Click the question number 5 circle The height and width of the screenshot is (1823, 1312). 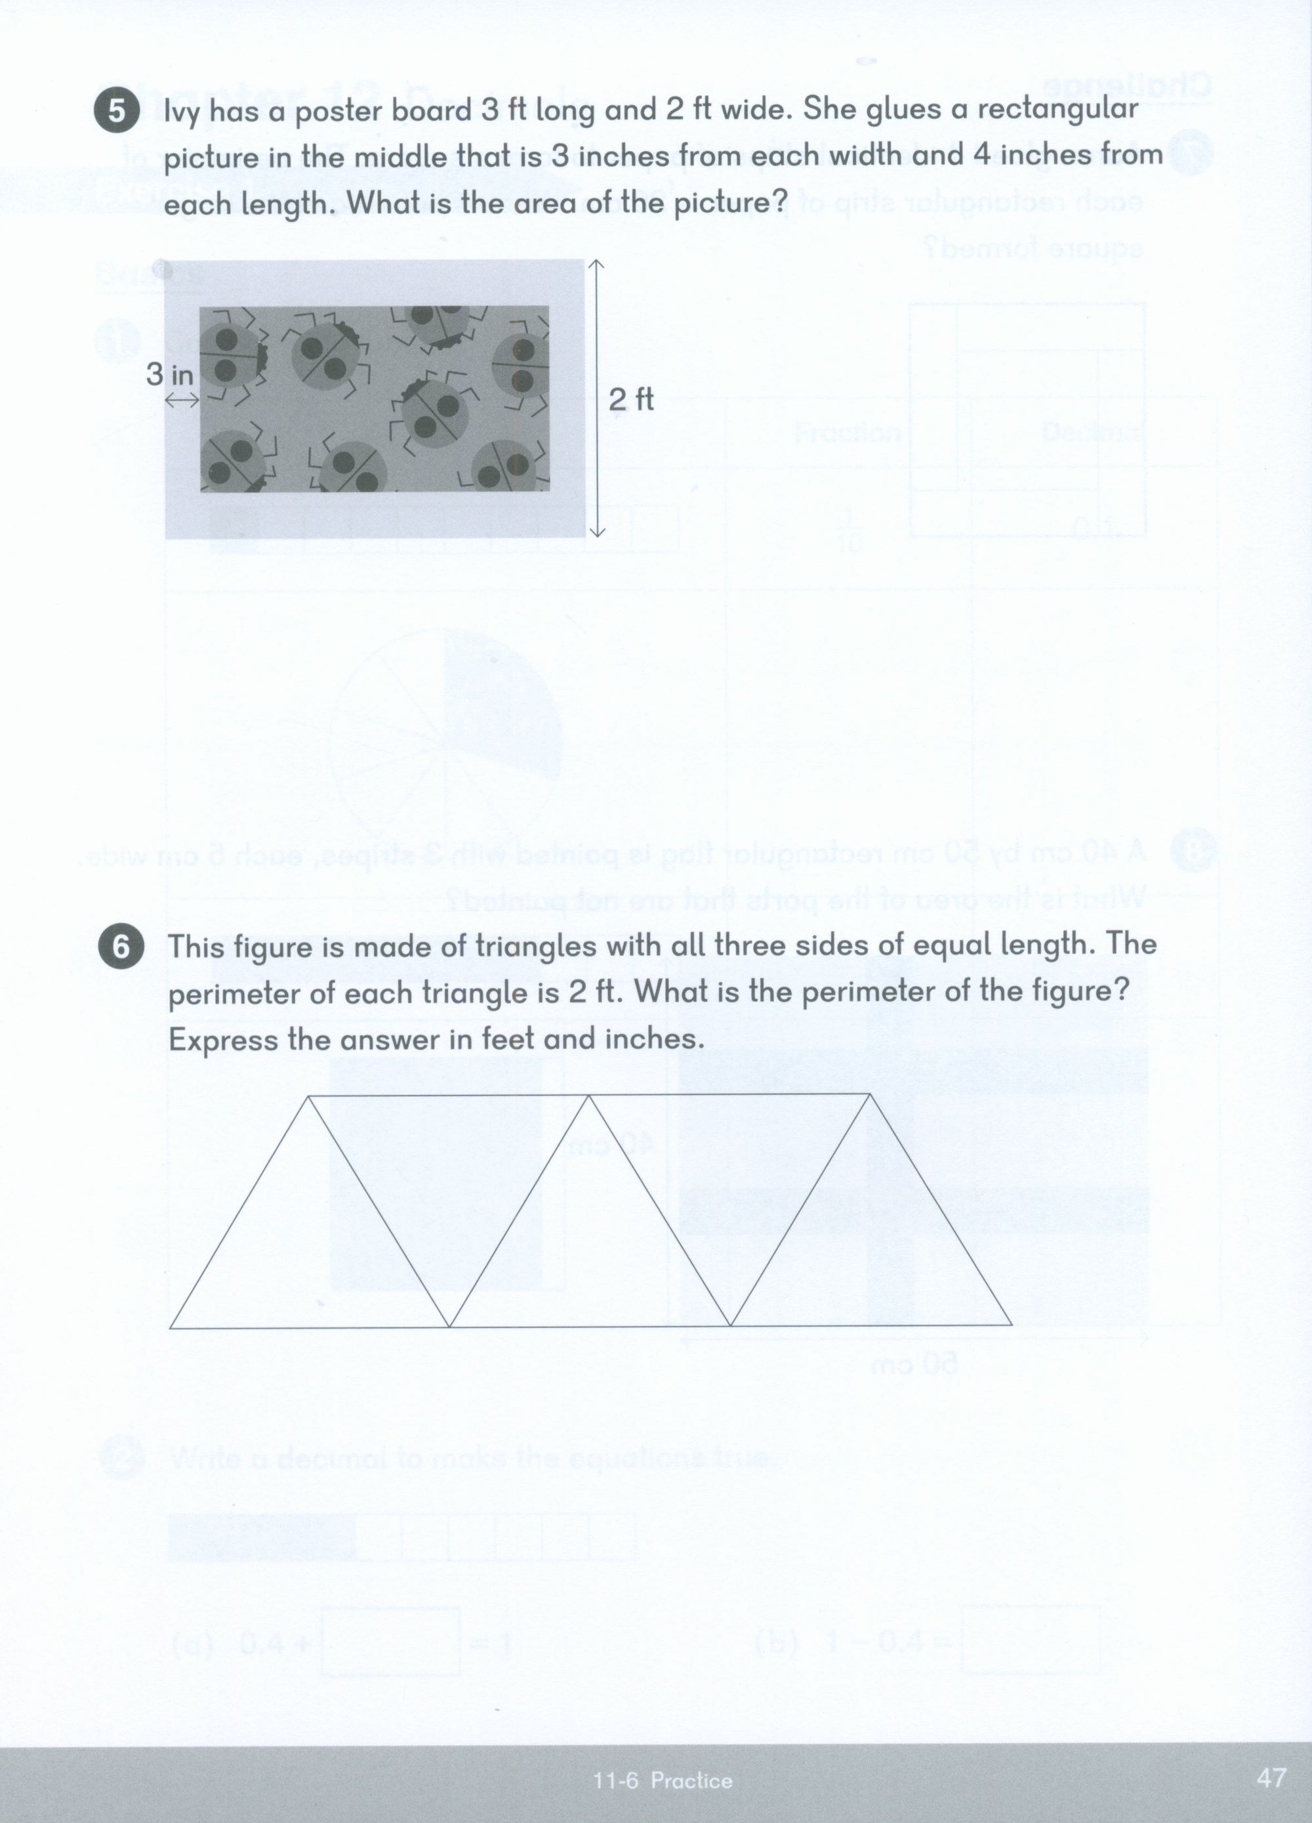[x=117, y=111]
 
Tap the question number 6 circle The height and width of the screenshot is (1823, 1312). [x=121, y=947]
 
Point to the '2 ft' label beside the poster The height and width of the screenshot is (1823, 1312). [x=632, y=400]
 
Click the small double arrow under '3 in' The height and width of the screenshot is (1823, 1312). [x=182, y=400]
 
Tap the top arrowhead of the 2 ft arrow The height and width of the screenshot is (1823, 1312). [x=596, y=265]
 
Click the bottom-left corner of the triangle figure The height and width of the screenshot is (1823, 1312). [x=171, y=1327]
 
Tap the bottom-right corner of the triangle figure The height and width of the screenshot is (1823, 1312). [x=1011, y=1324]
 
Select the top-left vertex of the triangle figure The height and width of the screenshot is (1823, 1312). [x=310, y=1096]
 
